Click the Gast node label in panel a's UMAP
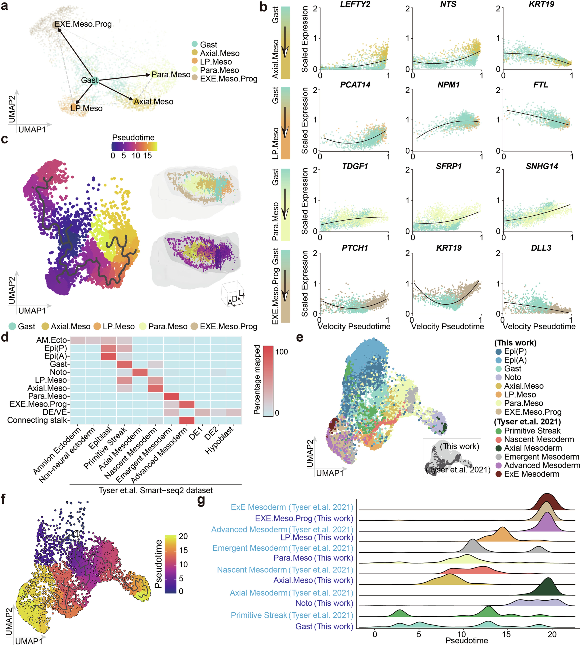tap(89, 80)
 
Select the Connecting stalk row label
tap(38, 420)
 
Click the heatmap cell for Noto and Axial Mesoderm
tap(140, 372)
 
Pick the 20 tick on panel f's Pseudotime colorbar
tap(183, 536)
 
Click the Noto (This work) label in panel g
tap(324, 603)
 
